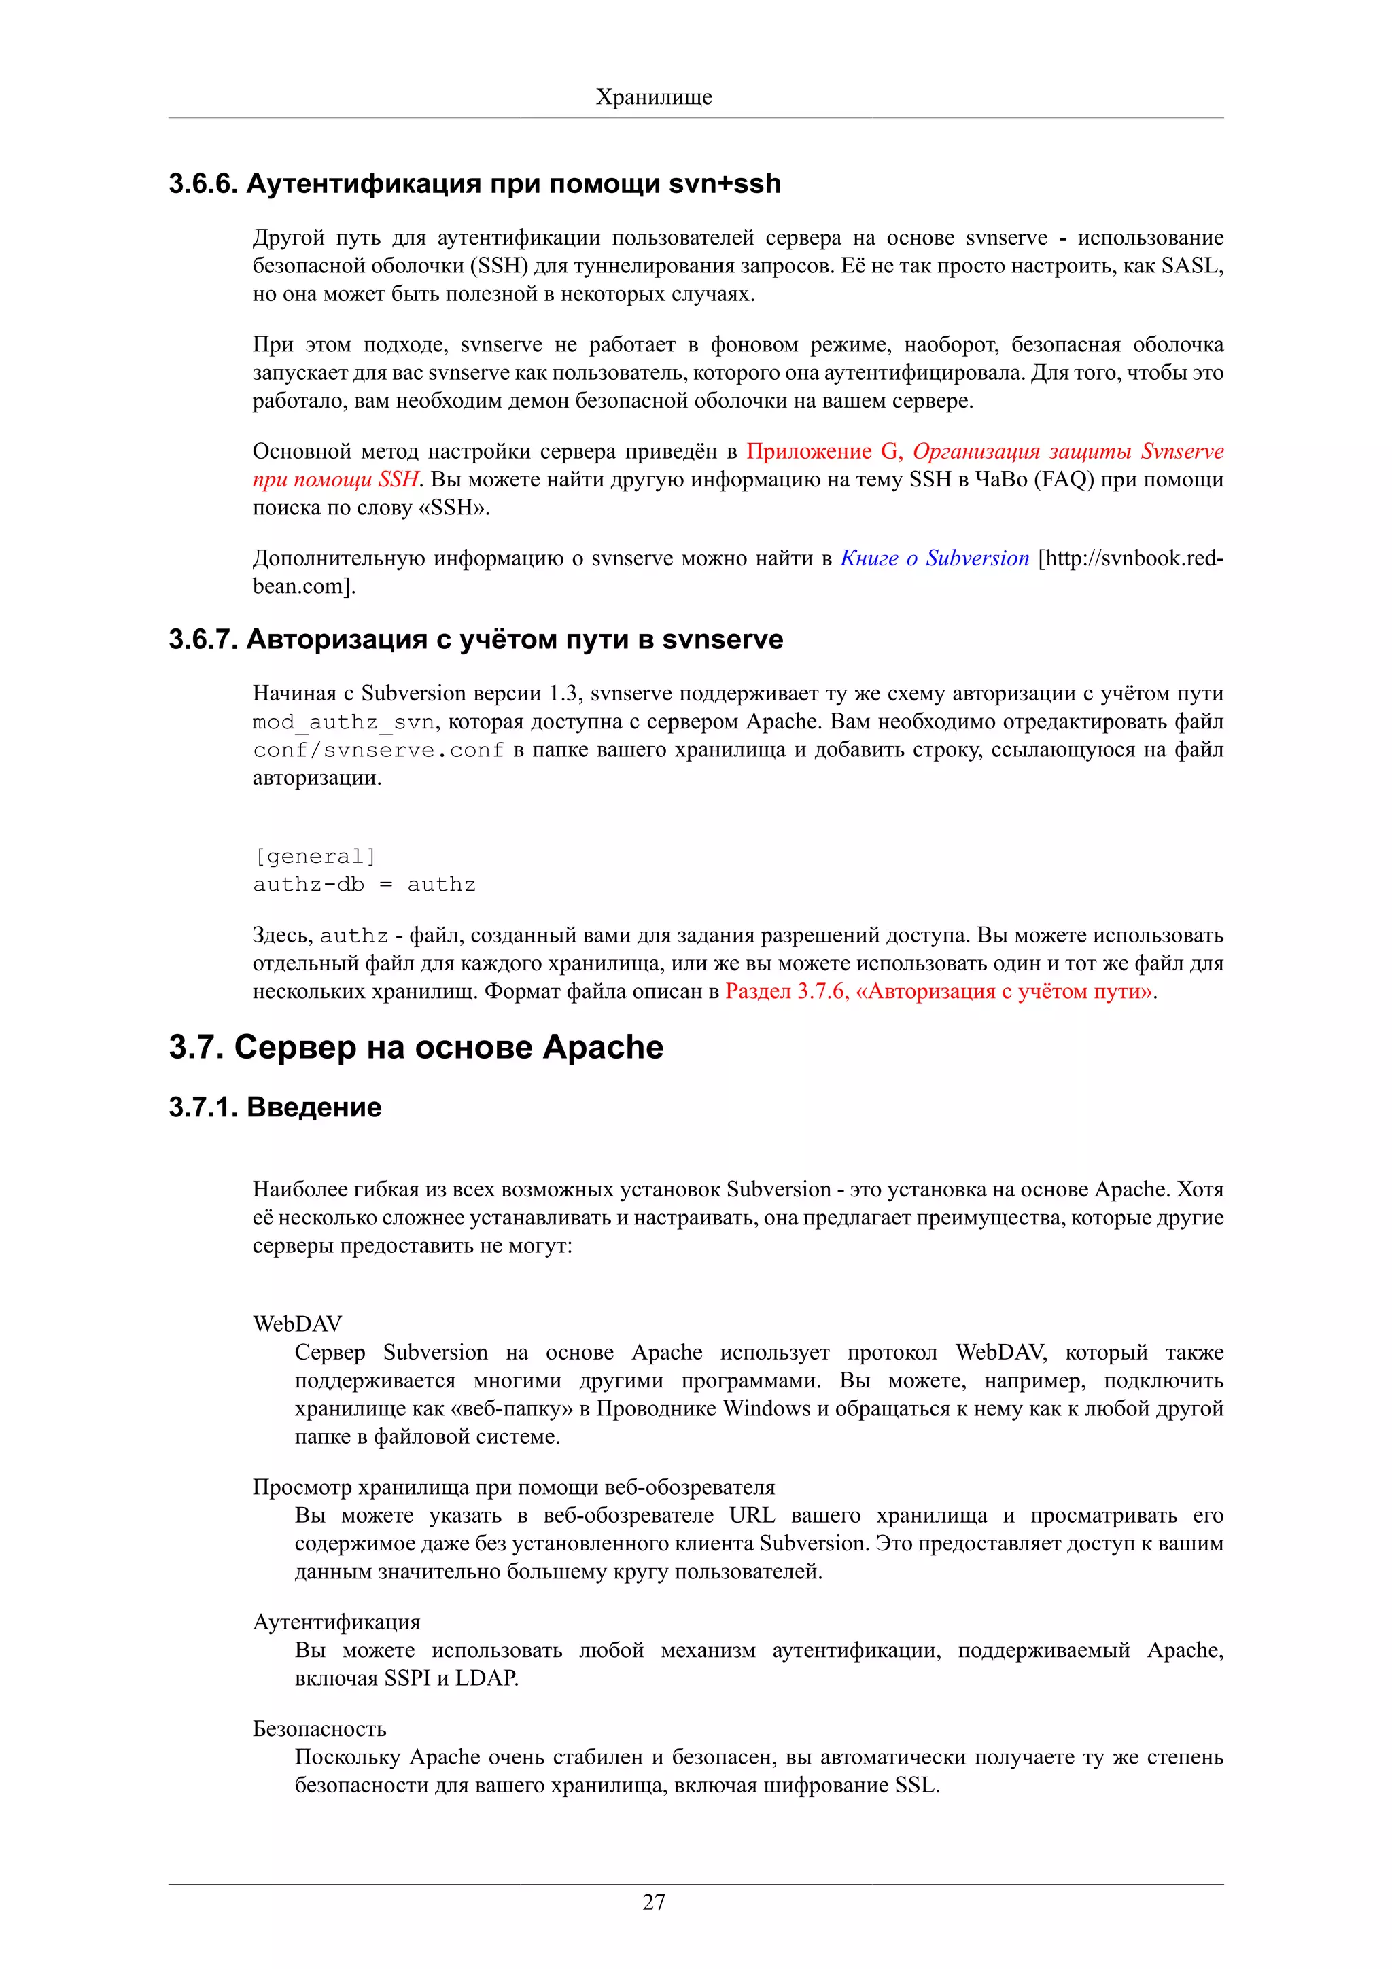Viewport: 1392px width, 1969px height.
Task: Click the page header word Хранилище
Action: pyautogui.click(x=654, y=97)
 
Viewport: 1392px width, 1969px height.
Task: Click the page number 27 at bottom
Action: pyautogui.click(x=654, y=1902)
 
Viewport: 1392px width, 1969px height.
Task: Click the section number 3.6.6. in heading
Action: pyautogui.click(x=203, y=183)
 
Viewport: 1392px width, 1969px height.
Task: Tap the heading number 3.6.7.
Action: pyautogui.click(x=203, y=640)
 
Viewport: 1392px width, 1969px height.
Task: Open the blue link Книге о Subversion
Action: pyautogui.click(x=934, y=558)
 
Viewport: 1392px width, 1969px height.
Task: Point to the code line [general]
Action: pyautogui.click(x=315, y=857)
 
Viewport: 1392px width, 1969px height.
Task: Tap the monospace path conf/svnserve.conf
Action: pyautogui.click(x=378, y=750)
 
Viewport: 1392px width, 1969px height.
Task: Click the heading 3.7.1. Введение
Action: pyautogui.click(x=275, y=1107)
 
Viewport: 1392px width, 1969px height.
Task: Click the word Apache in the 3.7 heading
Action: pyautogui.click(x=603, y=1048)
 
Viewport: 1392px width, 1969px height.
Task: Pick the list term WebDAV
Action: pyautogui.click(x=297, y=1324)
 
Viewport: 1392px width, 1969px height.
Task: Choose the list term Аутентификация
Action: pyautogui.click(x=336, y=1622)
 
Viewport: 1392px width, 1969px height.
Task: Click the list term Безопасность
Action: pyautogui.click(x=319, y=1729)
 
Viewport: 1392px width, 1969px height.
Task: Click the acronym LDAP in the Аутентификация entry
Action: pyautogui.click(x=485, y=1678)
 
